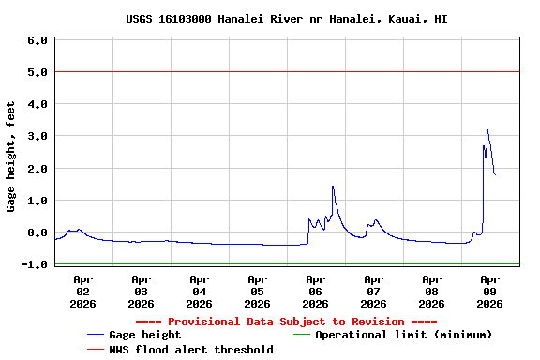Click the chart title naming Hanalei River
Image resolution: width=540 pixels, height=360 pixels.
[287, 19]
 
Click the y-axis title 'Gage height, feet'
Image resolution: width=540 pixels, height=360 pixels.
[11, 156]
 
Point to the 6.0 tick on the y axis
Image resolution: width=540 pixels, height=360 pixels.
[37, 40]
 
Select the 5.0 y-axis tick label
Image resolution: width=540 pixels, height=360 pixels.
[37, 72]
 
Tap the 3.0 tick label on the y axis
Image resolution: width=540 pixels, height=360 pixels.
[37, 137]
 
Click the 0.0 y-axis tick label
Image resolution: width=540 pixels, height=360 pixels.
[37, 232]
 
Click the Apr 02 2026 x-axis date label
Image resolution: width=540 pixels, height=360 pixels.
[82, 291]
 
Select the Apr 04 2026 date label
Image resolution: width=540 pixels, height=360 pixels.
[199, 291]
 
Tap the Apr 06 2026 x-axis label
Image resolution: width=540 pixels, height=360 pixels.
[315, 291]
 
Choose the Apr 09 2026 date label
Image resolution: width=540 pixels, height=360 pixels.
[489, 291]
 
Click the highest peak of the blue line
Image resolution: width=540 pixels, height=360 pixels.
[487, 130]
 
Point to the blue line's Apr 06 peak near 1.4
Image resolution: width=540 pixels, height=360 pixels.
[333, 186]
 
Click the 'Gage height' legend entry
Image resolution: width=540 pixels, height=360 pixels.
[144, 335]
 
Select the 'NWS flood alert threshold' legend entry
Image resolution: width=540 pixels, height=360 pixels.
[191, 350]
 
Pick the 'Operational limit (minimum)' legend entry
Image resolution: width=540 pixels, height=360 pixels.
[403, 335]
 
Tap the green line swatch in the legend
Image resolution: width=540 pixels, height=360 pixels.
[301, 335]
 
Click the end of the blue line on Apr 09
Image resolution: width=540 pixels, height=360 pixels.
[495, 175]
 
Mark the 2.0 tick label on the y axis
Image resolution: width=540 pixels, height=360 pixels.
[37, 169]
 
